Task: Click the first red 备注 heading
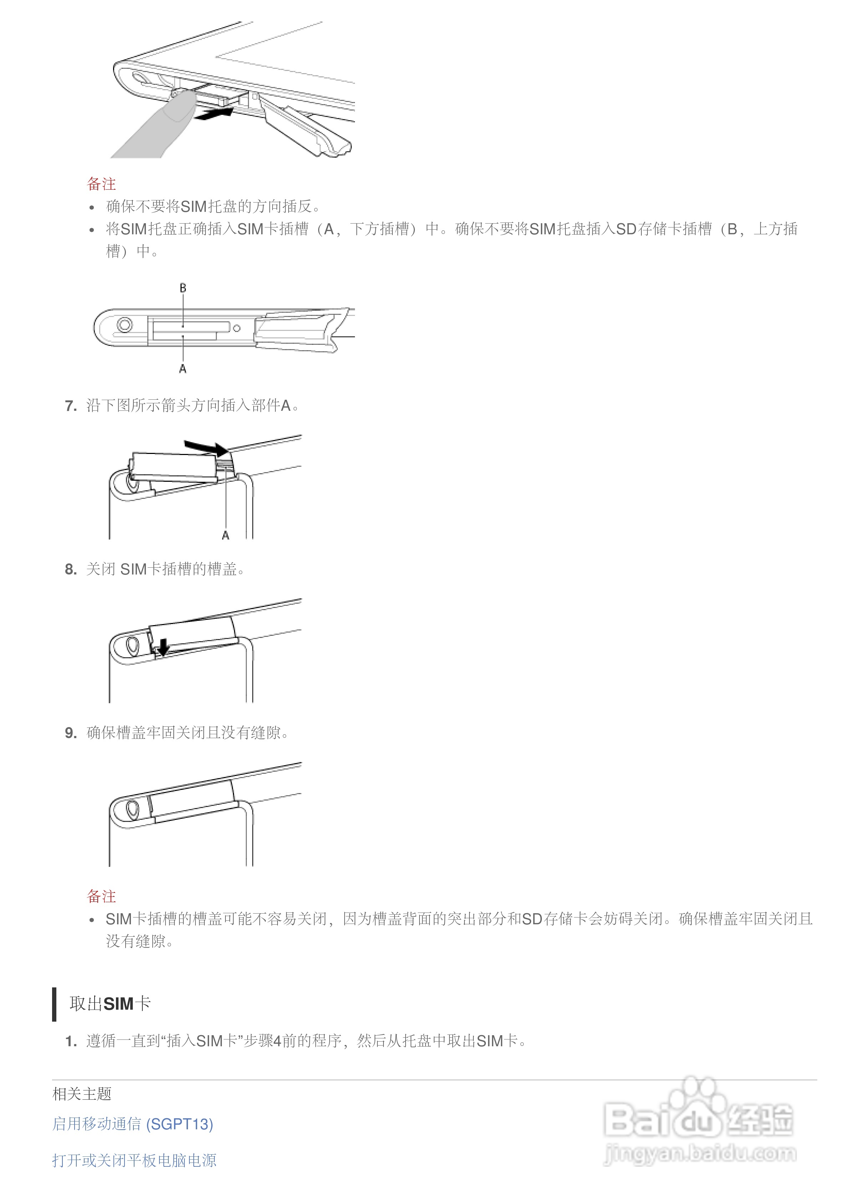(101, 184)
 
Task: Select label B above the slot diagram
(183, 288)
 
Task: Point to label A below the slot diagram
(183, 369)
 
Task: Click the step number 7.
(71, 406)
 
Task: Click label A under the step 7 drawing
(225, 535)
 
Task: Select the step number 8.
(71, 569)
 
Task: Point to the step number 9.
(71, 734)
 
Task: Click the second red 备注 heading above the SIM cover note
(101, 896)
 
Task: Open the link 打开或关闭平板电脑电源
(134, 1161)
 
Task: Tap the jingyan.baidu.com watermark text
(700, 1154)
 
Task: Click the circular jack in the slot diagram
(124, 325)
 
